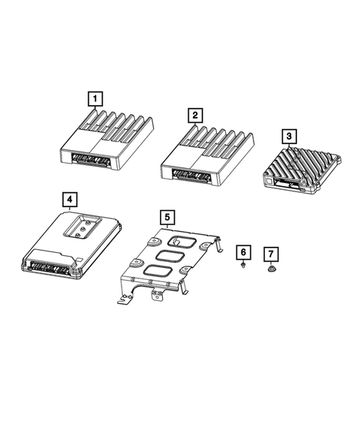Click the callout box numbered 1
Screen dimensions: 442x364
(95, 98)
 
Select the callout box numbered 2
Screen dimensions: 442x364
(194, 115)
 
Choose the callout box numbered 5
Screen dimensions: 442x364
(167, 218)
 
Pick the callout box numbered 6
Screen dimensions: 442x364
(243, 251)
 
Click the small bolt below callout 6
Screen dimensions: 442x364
(244, 266)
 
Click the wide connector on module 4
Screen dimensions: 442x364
(50, 266)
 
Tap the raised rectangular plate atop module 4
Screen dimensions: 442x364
(83, 224)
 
